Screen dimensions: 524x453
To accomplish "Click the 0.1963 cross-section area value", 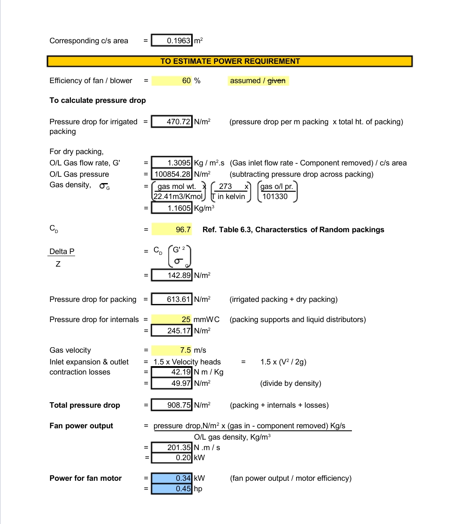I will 172,40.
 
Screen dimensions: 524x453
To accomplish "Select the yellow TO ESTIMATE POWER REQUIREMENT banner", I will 230,61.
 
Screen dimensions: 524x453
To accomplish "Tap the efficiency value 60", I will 172,81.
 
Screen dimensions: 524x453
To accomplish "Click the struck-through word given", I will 276,81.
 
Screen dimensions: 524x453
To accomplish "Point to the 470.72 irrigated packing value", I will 172,122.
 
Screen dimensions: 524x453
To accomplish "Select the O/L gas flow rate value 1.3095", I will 172,163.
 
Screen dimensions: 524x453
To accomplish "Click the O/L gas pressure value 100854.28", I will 172,174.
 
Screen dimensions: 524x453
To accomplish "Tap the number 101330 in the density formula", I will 275,196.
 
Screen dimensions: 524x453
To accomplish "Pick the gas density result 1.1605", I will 172,208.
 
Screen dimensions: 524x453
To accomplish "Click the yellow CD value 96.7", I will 172,230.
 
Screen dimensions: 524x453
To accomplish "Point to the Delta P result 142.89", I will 172,275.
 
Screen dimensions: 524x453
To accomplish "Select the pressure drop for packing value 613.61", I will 172,299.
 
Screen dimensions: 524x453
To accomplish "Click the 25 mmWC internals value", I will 172,320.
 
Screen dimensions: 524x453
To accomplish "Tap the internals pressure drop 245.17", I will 172,331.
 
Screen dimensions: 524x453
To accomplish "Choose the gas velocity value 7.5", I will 172,350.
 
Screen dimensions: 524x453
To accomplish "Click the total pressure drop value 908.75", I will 172,405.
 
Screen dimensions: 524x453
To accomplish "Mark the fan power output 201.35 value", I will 172,448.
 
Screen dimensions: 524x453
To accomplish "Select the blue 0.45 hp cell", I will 172,489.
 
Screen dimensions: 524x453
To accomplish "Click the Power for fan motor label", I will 86,478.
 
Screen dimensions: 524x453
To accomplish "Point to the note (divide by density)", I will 291,383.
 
